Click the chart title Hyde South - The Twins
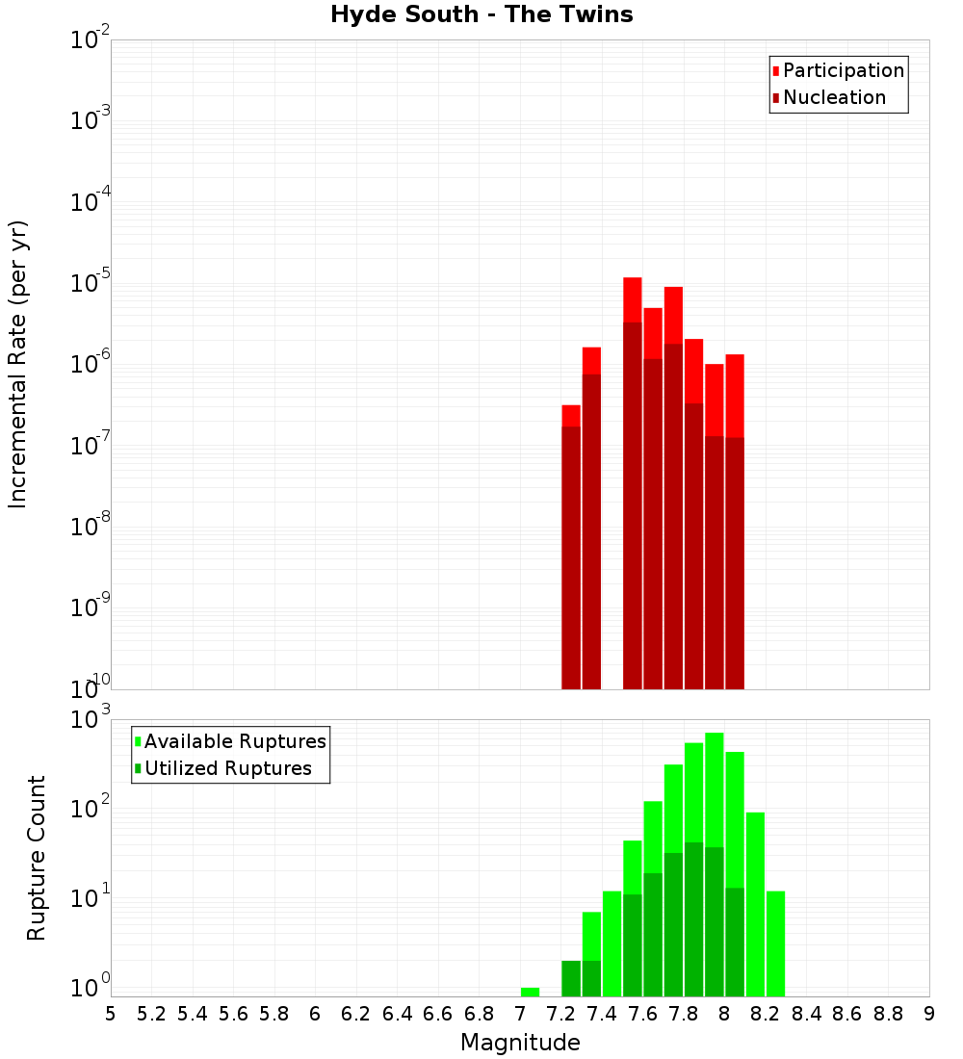481,14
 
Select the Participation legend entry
843,70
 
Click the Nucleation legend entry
833,97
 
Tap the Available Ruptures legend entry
234,741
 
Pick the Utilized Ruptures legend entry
227,768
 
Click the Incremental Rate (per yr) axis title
18,364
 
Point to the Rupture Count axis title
37,858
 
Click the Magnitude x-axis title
520,1043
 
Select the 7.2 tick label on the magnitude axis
560,1014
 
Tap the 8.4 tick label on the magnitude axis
806,1014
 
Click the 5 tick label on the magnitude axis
111,1014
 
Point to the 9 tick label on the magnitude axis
929,1014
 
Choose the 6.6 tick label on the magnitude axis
438,1014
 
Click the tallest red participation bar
633,298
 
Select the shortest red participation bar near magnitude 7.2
571,415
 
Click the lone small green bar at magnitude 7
530,992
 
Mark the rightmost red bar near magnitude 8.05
735,395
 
